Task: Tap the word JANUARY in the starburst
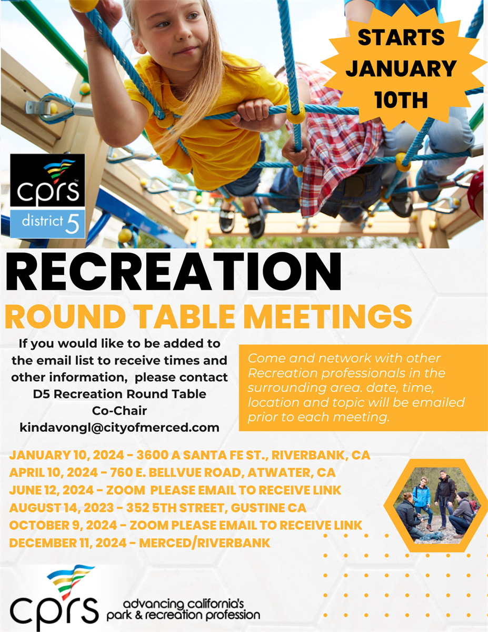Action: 401,68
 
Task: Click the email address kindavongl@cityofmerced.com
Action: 119,427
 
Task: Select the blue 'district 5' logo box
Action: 47,224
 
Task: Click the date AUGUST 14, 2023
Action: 70,508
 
